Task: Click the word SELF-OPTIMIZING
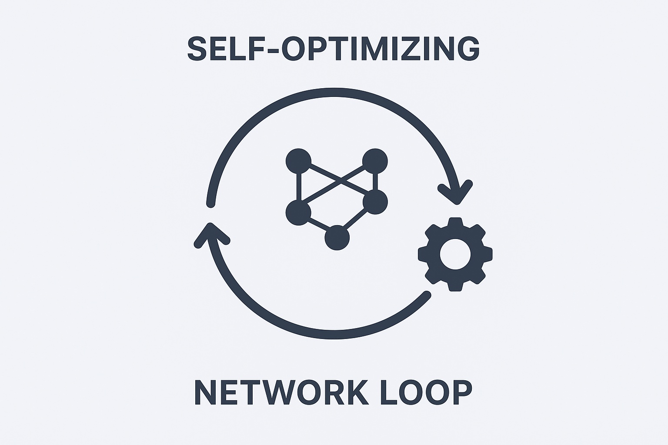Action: click(333, 49)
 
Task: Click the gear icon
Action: click(455, 254)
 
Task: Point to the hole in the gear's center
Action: click(455, 254)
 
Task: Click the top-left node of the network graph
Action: click(298, 161)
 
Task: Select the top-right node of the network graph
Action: click(374, 161)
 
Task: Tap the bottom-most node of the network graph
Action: click(337, 238)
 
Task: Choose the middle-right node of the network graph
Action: click(375, 202)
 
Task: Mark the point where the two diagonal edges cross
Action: click(338, 180)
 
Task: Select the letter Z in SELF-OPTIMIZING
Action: click(414, 49)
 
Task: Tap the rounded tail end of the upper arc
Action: click(210, 203)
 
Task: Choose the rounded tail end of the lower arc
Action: click(427, 295)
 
